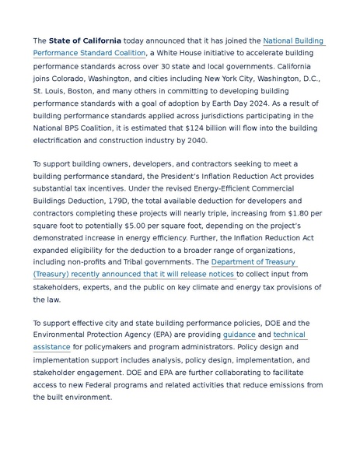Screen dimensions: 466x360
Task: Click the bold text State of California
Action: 85,40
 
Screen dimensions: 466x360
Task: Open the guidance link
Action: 239,335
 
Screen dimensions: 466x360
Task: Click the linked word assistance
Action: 51,347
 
